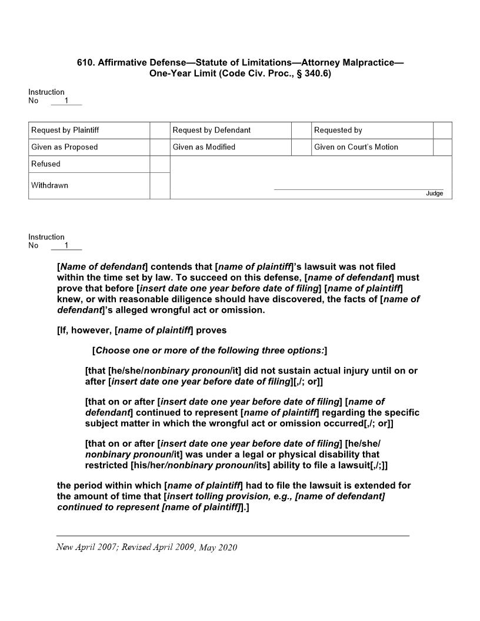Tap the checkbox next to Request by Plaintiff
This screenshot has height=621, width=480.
[159, 131]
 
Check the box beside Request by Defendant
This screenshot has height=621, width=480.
[301, 131]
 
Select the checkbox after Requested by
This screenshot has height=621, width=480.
[442, 131]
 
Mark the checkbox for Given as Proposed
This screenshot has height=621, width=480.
[159, 147]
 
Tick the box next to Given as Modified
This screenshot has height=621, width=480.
[301, 147]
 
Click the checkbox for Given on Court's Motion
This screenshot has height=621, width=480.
[442, 147]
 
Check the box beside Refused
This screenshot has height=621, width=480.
[159, 164]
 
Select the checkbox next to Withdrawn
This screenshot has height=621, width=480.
[159, 186]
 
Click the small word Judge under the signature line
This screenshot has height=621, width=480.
[434, 193]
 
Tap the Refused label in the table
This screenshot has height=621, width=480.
[46, 164]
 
